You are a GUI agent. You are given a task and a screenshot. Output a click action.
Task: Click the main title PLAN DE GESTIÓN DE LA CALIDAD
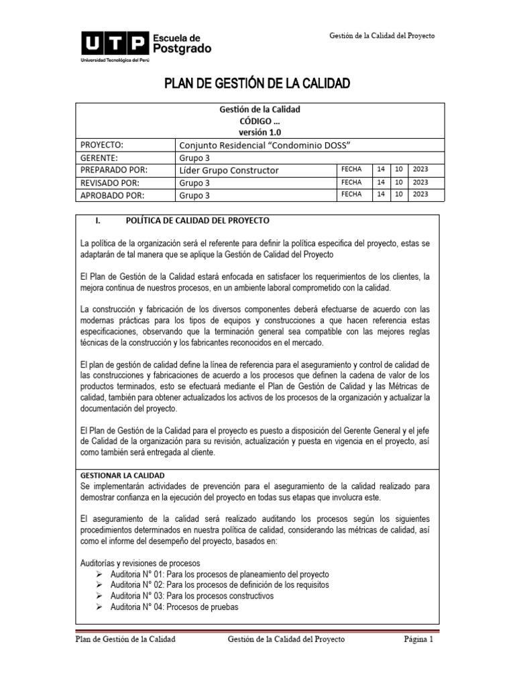[x=257, y=84]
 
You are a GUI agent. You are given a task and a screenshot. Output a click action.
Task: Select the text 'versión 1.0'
[x=257, y=133]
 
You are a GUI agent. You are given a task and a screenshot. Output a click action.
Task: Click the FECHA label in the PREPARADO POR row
[x=351, y=170]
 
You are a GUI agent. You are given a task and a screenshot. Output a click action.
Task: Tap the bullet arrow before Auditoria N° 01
[x=100, y=574]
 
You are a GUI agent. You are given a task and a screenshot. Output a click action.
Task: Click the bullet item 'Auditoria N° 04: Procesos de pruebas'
[x=174, y=606]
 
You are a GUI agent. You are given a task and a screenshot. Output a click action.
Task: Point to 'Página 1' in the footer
[x=420, y=640]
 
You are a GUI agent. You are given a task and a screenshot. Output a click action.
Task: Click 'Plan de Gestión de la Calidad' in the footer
[x=125, y=640]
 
